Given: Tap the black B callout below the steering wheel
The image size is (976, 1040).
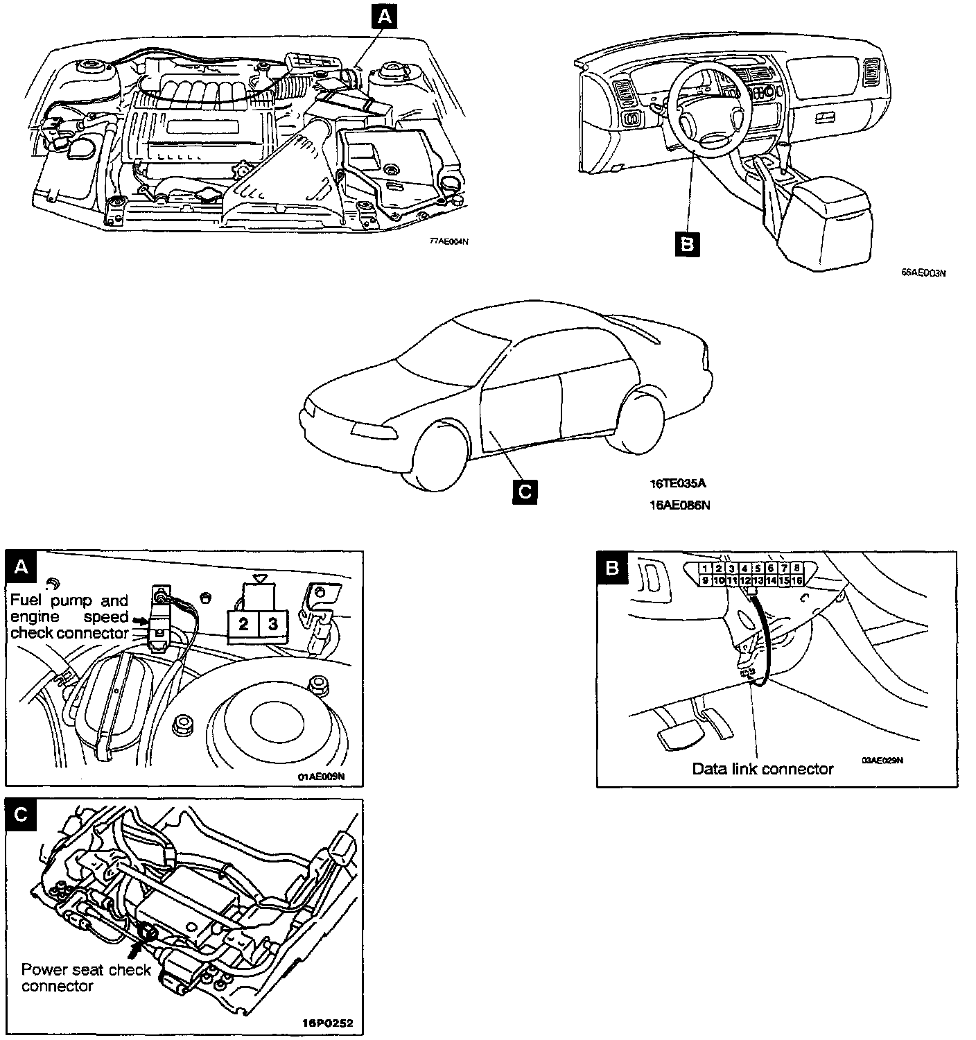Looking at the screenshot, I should (687, 244).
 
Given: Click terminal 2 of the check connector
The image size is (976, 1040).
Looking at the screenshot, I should (243, 624).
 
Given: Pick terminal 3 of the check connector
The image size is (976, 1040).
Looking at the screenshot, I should (273, 624).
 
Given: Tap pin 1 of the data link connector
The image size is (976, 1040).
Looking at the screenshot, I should (705, 569).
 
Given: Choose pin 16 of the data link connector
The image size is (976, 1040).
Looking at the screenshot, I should (797, 580).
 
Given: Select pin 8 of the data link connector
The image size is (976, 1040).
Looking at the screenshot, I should (797, 569).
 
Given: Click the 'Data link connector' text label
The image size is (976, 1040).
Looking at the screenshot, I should (762, 769).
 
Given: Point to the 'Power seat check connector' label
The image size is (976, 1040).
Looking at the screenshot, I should (85, 978).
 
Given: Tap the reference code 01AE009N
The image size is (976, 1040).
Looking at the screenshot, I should (321, 777).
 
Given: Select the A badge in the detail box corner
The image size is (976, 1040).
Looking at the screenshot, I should (21, 567).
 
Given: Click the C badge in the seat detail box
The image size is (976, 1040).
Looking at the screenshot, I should (21, 815).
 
